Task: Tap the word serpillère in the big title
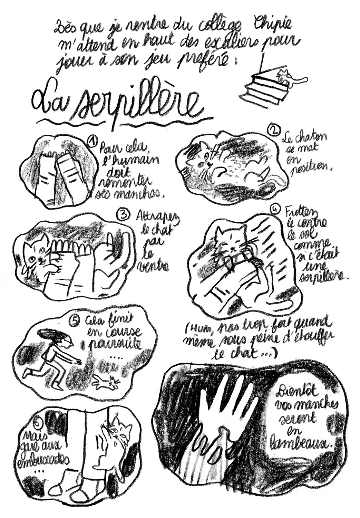pyautogui.click(x=138, y=104)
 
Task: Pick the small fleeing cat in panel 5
pyautogui.click(x=108, y=382)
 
